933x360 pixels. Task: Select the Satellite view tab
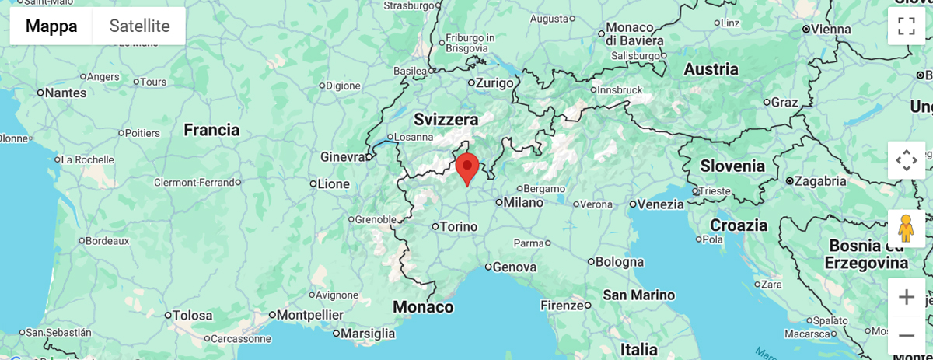pyautogui.click(x=139, y=26)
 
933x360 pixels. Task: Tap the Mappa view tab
pyautogui.click(x=51, y=26)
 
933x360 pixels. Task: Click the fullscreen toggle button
pyautogui.click(x=906, y=26)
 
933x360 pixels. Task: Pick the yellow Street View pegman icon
pyautogui.click(x=906, y=229)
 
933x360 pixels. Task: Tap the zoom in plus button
pyautogui.click(x=906, y=297)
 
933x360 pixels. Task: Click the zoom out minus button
pyautogui.click(x=906, y=335)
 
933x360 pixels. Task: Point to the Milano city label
pyautogui.click(x=523, y=202)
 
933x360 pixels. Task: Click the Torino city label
pyautogui.click(x=458, y=227)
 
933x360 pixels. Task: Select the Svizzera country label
pyautogui.click(x=446, y=120)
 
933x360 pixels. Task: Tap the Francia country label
pyautogui.click(x=211, y=130)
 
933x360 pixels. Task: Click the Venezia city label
pyautogui.click(x=661, y=204)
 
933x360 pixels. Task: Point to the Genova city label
pyautogui.click(x=514, y=267)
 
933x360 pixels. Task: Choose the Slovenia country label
pyautogui.click(x=732, y=166)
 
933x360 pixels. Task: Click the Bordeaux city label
pyautogui.click(x=107, y=241)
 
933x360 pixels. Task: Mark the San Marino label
pyautogui.click(x=638, y=295)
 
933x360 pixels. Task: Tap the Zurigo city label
pyautogui.click(x=494, y=82)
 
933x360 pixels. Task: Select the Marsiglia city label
pyautogui.click(x=368, y=334)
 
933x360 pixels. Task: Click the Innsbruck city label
pyautogui.click(x=620, y=89)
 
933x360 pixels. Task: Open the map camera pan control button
pyautogui.click(x=906, y=160)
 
